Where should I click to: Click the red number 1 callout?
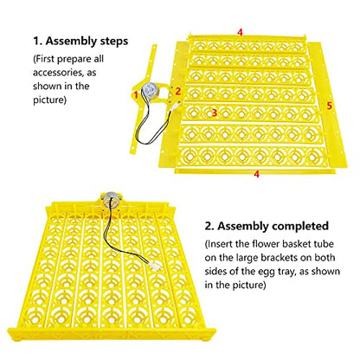coord(136,94)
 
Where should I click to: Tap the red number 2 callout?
coord(178,91)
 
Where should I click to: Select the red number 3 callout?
coord(214,112)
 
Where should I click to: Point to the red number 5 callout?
coord(329,106)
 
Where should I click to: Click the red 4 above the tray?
coord(240,32)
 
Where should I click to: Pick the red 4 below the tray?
coord(256,174)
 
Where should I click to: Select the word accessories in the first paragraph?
coord(59,73)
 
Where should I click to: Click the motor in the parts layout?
coord(149,91)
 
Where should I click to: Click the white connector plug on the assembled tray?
coord(152,264)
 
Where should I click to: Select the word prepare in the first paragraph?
coord(71,60)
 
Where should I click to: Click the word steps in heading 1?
coord(114,42)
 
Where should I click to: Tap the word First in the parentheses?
coord(45,59)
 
